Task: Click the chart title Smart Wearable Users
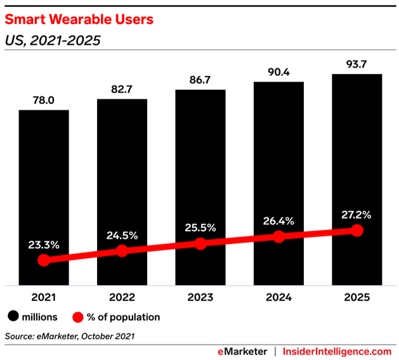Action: point(79,20)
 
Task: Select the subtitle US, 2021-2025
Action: point(53,41)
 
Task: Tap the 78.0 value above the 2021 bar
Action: point(43,100)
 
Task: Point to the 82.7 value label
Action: point(122,89)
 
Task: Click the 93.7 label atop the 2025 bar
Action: point(356,64)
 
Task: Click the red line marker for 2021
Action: point(43,260)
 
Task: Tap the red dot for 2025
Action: point(356,231)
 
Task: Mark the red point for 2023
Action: point(200,244)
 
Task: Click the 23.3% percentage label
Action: point(43,244)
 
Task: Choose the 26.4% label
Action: point(278,221)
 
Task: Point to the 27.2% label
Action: point(356,214)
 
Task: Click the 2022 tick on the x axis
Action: point(122,296)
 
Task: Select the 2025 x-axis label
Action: point(356,296)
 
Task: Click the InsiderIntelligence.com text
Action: point(337,351)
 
